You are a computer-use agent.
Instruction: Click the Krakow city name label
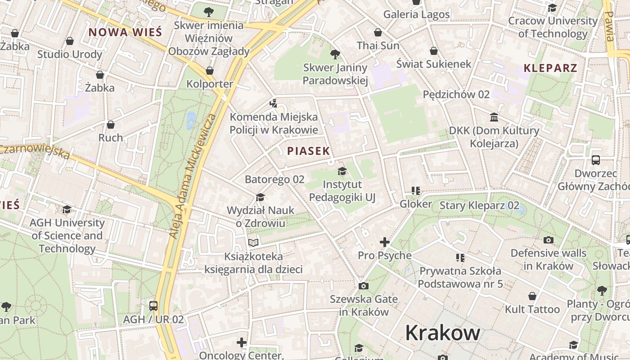pos(442,333)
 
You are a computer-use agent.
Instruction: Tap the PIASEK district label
pos(309,151)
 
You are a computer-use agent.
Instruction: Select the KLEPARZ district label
pos(550,68)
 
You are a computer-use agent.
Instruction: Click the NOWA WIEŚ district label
pos(125,32)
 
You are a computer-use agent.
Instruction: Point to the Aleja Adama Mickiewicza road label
pos(193,176)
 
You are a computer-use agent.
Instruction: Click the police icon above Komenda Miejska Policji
pos(273,103)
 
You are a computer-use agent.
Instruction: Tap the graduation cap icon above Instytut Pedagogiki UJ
pos(342,171)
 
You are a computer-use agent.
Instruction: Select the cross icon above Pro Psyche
pos(384,242)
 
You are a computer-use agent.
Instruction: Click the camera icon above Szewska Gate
pos(363,286)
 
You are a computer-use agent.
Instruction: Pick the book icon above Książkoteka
pos(253,243)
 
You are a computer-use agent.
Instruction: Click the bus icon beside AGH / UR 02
pos(153,306)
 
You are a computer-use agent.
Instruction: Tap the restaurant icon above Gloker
pos(415,191)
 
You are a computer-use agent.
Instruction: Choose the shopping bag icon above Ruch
pos(111,125)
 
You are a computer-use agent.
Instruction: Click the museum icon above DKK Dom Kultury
pos(494,117)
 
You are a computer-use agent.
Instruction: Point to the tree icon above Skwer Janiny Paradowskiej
pos(335,54)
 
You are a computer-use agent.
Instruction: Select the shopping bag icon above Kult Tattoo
pos(532,296)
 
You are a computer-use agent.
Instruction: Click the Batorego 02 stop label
pos(274,180)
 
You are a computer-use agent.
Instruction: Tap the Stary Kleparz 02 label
pos(479,206)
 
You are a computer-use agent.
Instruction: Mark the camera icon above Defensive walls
pos(548,240)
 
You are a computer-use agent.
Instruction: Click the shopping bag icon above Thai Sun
pos(378,32)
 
